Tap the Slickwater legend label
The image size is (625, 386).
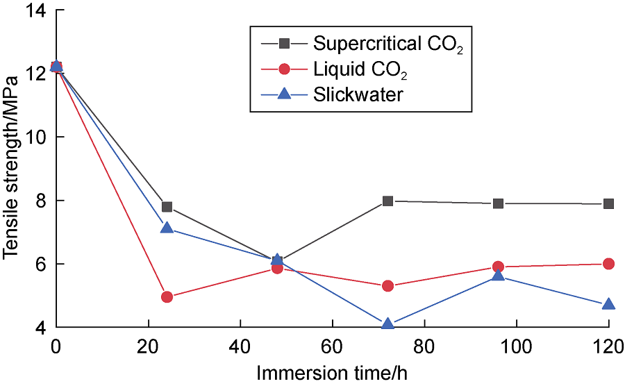point(358,94)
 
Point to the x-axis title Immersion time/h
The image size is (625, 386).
point(332,373)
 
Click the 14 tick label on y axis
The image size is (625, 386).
point(37,10)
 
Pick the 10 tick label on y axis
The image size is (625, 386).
point(37,137)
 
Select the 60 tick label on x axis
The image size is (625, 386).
point(332,345)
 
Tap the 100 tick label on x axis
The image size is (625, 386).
point(516,345)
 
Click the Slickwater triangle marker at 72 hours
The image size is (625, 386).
point(388,324)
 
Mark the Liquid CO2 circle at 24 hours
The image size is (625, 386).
point(167,297)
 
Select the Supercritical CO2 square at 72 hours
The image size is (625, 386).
point(388,201)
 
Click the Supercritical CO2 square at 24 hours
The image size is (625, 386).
point(167,207)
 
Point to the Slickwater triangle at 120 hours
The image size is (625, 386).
point(609,305)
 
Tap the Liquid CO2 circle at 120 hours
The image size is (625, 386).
point(609,264)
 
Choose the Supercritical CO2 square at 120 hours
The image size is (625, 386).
point(609,204)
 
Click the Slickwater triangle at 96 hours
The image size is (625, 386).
point(498,276)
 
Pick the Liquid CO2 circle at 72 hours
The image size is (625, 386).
point(388,286)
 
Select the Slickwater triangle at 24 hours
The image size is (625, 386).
point(167,228)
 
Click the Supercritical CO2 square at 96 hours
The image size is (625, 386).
point(498,203)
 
